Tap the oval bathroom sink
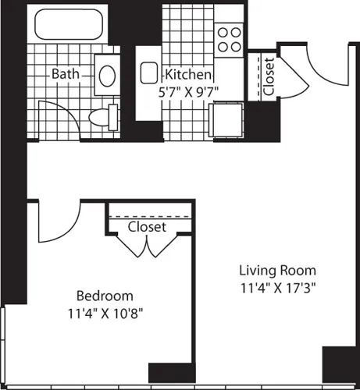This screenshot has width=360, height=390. coord(108,75)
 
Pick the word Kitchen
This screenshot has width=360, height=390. coord(187,75)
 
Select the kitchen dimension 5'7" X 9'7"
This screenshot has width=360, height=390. coord(187,90)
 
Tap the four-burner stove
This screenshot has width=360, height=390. coord(229,39)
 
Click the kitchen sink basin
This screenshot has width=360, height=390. coord(149,74)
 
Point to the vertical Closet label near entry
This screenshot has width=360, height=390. coord(269,77)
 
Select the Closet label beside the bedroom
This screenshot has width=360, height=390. coord(147,227)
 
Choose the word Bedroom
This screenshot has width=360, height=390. coord(104,296)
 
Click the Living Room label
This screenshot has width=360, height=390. coord(272,270)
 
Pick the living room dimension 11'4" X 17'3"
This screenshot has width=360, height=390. coord(272,286)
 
